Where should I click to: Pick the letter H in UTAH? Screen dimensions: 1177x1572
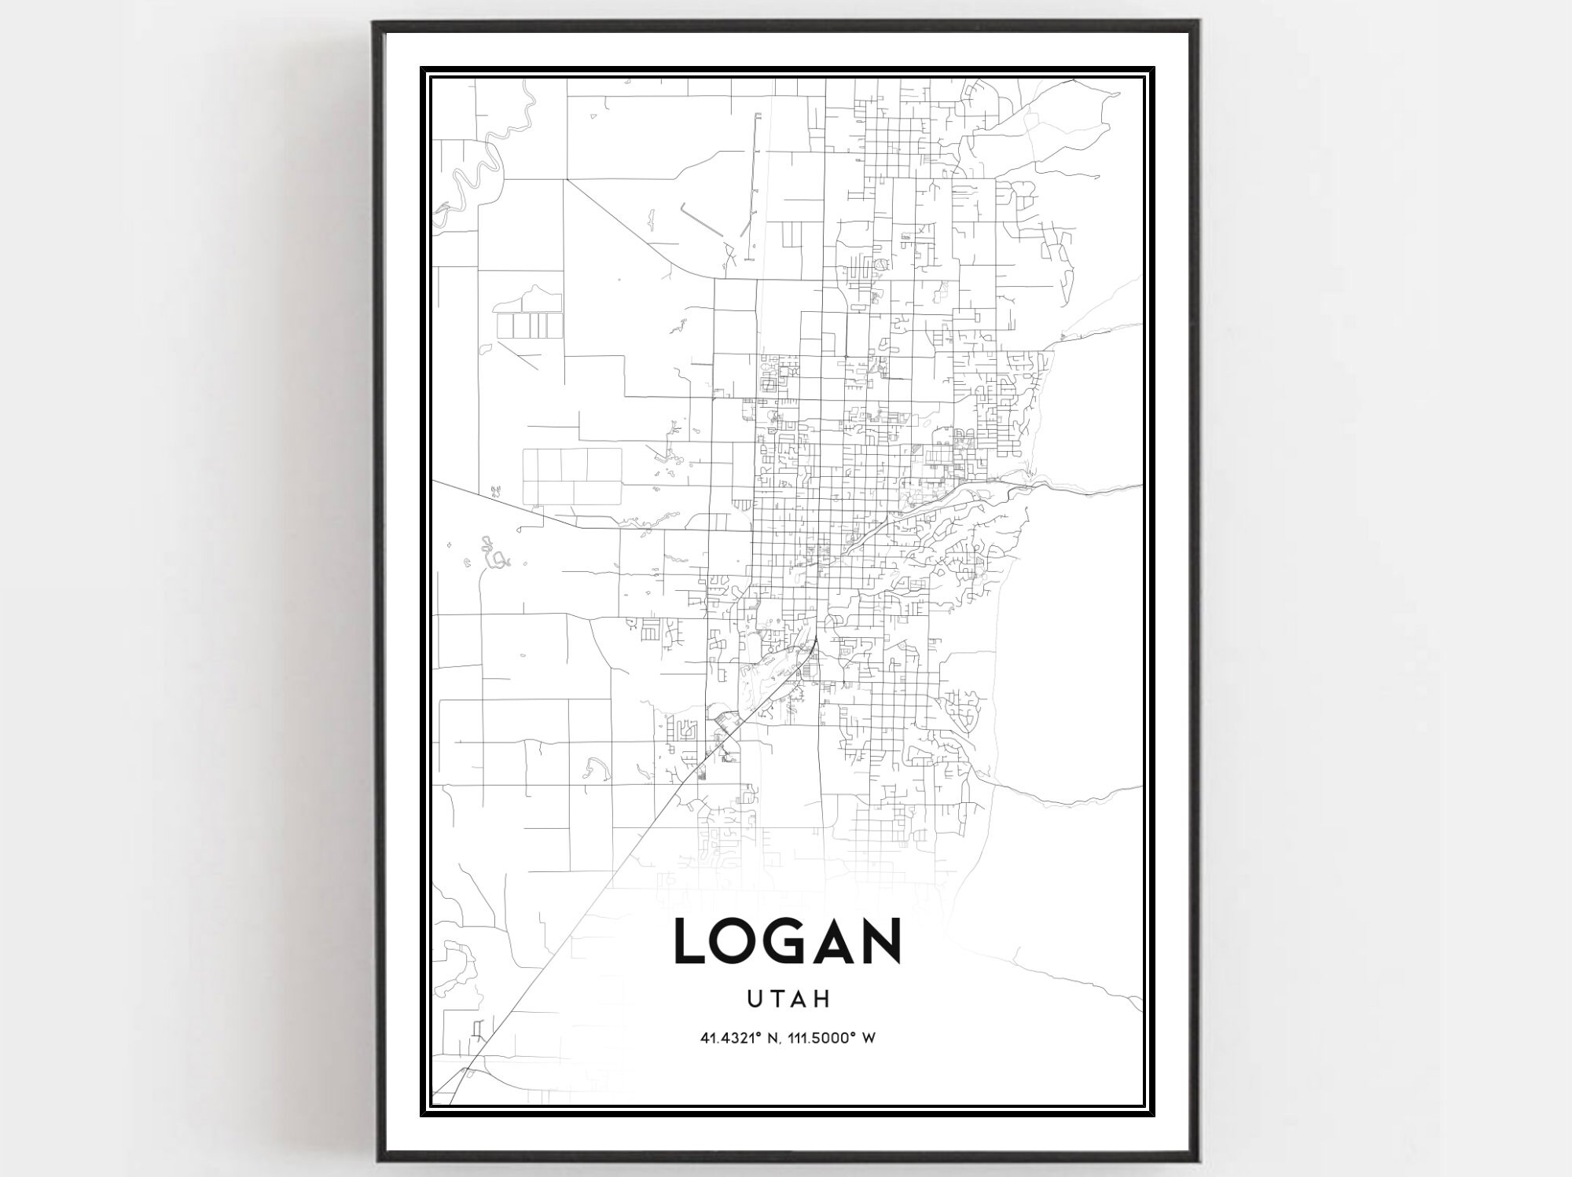point(822,999)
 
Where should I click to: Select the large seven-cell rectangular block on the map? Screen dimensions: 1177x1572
point(571,475)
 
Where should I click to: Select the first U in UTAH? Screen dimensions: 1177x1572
point(755,999)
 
